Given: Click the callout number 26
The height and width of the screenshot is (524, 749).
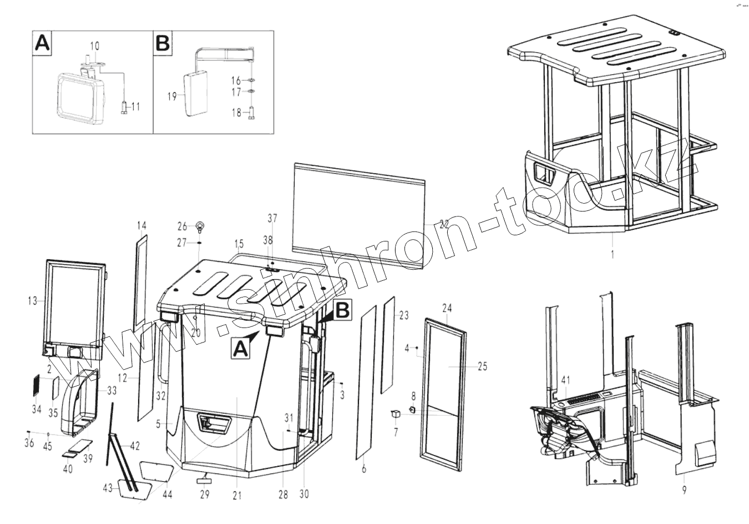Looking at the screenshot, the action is coord(183,226).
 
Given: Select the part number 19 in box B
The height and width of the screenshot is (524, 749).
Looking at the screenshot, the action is coord(172,96).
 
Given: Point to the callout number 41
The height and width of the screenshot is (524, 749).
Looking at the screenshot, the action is coord(565,381).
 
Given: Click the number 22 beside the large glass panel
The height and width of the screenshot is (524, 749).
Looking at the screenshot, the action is coord(443,224).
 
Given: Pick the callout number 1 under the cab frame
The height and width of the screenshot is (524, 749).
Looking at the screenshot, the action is coord(612,254).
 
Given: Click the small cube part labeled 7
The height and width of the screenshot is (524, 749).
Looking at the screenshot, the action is coord(396,413).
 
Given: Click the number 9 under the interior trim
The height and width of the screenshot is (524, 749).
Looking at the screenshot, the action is coord(684,490).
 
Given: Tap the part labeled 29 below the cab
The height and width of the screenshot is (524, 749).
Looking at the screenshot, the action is coord(204,480).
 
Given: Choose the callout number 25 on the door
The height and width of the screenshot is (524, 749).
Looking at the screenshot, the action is coord(482,366).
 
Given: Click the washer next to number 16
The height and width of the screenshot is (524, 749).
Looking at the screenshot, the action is coord(251,80).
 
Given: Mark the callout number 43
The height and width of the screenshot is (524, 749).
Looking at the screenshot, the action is coord(108,488).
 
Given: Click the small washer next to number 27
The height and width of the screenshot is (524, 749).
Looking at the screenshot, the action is coord(199,243).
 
